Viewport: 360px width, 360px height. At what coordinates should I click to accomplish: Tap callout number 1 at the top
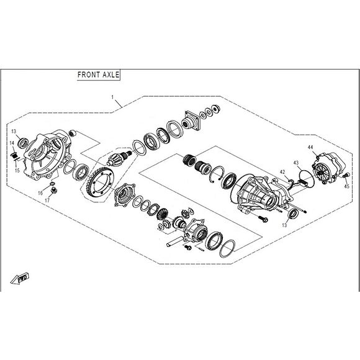point(112,98)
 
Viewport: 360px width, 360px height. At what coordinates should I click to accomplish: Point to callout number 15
point(17,169)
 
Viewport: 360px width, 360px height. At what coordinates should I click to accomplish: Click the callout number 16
point(40,193)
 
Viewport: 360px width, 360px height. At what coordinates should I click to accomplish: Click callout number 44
point(311,146)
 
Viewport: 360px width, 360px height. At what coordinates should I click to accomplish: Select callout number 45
point(346,186)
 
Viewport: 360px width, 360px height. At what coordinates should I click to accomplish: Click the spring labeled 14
point(12,153)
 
